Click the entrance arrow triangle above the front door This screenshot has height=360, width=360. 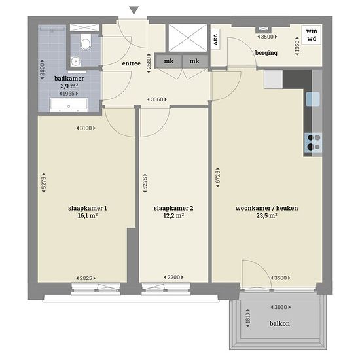[134, 10]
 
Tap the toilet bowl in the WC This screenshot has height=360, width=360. [85, 43]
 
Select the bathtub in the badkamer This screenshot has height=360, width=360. [69, 105]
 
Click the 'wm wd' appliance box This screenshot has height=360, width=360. [312, 35]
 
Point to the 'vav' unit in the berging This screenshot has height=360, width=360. [215, 39]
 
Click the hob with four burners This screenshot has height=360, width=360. [313, 142]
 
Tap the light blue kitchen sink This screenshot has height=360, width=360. [313, 99]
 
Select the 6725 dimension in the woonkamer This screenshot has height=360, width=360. [218, 177]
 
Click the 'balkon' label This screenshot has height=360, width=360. [279, 323]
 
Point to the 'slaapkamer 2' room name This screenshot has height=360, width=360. [173, 208]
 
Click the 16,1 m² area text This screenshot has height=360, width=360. [88, 215]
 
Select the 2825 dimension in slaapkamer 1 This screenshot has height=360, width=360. [86, 278]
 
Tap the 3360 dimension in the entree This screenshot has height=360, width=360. [157, 99]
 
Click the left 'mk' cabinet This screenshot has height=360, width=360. [168, 62]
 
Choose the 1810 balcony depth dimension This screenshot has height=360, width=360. [247, 318]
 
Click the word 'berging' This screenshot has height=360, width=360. [266, 53]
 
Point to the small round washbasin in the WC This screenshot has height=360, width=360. [75, 62]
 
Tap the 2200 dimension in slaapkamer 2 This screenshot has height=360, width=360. [173, 278]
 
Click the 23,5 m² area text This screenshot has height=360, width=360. [266, 215]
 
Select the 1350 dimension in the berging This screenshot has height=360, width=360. [297, 46]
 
